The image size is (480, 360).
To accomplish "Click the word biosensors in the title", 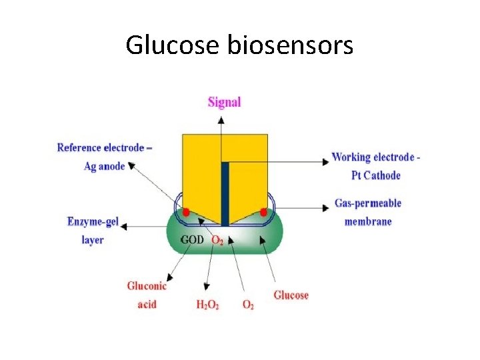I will [291, 45].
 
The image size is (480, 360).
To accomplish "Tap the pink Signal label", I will [224, 102].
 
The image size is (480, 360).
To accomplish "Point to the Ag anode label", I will [105, 166].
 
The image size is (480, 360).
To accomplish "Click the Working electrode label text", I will [376, 157].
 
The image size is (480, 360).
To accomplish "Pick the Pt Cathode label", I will [376, 175].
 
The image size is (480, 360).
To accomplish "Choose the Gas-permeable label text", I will [368, 203].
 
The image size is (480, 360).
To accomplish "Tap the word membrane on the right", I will [368, 221].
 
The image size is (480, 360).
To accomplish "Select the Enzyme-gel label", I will [93, 221].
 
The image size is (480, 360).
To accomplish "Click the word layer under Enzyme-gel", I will [93, 239].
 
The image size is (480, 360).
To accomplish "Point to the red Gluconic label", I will [147, 286].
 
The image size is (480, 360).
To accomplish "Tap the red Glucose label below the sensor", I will [291, 294].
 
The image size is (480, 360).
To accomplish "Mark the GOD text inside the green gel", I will [193, 239].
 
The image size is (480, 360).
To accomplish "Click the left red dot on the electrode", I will [187, 212].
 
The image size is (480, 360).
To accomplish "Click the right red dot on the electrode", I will [263, 212].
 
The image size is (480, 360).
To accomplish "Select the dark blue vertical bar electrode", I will [225, 193].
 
